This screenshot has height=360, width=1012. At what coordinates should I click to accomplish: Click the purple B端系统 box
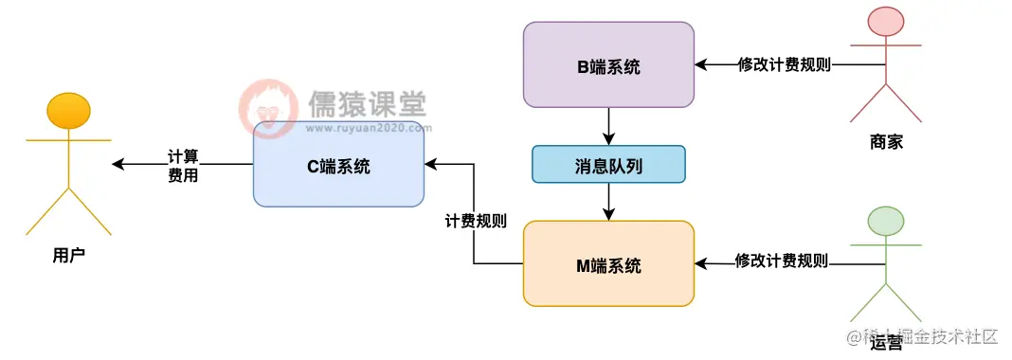pyautogui.click(x=608, y=64)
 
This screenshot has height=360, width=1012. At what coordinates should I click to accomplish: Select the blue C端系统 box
pyautogui.click(x=338, y=165)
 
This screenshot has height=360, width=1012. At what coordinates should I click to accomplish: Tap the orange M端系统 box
pyautogui.click(x=608, y=264)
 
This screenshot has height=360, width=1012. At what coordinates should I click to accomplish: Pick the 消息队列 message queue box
pyautogui.click(x=608, y=164)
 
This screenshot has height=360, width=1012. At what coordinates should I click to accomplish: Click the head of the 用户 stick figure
pyautogui.click(x=68, y=110)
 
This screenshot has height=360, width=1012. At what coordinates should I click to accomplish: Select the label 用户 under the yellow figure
pyautogui.click(x=68, y=256)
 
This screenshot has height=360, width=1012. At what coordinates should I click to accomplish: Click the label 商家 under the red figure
pyautogui.click(x=885, y=142)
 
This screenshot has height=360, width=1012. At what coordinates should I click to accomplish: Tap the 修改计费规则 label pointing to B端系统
pyautogui.click(x=785, y=65)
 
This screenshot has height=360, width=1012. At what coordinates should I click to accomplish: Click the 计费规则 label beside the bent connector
pyautogui.click(x=476, y=222)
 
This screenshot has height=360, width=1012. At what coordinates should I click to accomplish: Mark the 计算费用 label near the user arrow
pyautogui.click(x=183, y=165)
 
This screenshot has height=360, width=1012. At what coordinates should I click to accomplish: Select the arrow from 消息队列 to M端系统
pyautogui.click(x=608, y=202)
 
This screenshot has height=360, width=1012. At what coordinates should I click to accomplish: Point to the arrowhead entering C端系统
pyautogui.click(x=431, y=164)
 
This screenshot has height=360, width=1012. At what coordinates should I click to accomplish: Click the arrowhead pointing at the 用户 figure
pyautogui.click(x=117, y=164)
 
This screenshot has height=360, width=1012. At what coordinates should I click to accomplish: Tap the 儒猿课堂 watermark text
pyautogui.click(x=366, y=103)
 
